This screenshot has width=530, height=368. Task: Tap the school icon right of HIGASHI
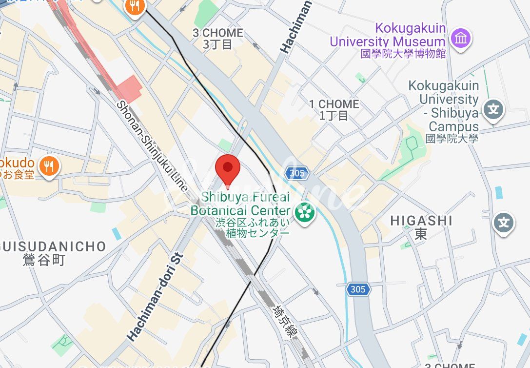pos(504,223)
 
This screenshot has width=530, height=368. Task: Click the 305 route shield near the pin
pos(296,173)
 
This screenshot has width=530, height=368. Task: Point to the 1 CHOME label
pos(334,110)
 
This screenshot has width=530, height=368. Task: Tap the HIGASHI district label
pos(421,221)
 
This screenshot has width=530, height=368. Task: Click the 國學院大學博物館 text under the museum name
pos(403,54)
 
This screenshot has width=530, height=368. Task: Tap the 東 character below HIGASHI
pos(421,235)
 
